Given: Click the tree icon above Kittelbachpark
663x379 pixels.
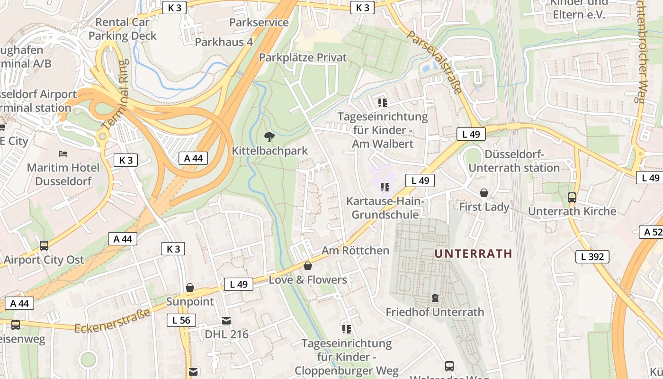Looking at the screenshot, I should coord(269,137).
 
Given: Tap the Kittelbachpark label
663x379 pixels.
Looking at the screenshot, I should coord(269,151).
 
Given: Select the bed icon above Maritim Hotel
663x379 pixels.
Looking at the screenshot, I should coord(63,154).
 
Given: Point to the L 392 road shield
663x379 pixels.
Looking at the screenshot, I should coord(592,257).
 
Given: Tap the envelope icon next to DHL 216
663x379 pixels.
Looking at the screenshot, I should coord(226,321).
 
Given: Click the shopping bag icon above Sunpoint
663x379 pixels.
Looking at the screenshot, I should coord(190,288).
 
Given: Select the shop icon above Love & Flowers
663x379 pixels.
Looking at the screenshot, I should coord(308,266).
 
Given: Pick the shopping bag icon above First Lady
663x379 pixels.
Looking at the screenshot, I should coord(484,193).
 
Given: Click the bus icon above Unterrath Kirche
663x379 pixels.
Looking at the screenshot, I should coord(572,198).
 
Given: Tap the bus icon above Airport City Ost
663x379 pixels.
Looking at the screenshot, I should coord(44,246).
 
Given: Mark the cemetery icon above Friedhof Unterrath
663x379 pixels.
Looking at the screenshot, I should coord(435,298).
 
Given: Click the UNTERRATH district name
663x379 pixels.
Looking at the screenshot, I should coord(474,253).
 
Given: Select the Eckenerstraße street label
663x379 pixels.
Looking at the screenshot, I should coord(113,321).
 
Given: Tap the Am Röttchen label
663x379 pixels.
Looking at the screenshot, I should coord(355,251).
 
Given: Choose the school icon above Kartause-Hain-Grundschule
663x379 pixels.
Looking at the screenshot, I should coord(385,187).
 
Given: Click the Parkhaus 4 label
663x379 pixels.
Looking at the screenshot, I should coord(224,42).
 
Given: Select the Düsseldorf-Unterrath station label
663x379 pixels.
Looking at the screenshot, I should coord(514,161).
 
